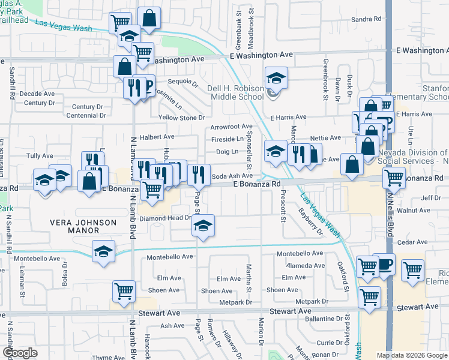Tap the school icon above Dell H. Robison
(x=276, y=78)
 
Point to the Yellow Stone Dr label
(x=181, y=118)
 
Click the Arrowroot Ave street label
(x=232, y=127)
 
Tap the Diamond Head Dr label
(x=165, y=218)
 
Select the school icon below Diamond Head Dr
(x=203, y=226)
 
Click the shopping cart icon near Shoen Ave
(x=123, y=292)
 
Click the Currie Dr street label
(x=330, y=342)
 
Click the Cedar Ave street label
(x=412, y=242)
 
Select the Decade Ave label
(x=37, y=94)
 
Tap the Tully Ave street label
(x=40, y=156)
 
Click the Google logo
(x=20, y=353)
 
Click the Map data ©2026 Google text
(x=411, y=355)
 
